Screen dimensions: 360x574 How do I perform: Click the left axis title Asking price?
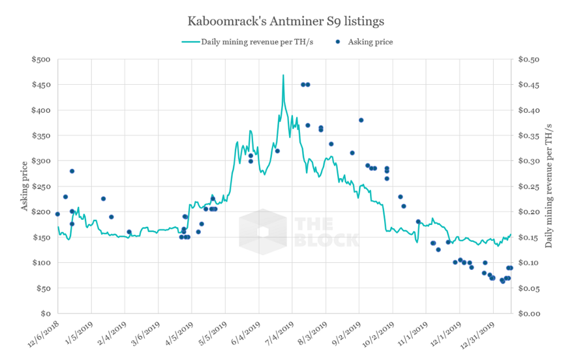(25, 187)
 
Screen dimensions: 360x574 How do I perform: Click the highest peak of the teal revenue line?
(283, 75)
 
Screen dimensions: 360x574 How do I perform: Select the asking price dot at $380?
(361, 120)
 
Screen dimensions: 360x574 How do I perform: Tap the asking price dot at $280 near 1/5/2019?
(72, 171)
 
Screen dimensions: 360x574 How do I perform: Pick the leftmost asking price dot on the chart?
(57, 214)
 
